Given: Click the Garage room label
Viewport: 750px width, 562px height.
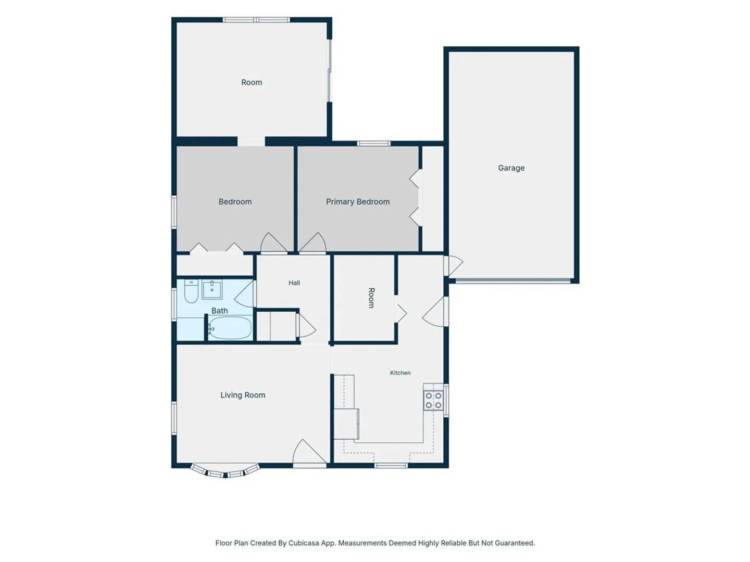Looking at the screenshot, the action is click(x=511, y=168).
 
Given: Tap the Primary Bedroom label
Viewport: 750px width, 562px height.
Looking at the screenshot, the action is click(x=357, y=202).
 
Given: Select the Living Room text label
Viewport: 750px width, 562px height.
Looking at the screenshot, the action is click(x=243, y=395).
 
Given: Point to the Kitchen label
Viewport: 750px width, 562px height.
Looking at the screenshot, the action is click(x=400, y=373).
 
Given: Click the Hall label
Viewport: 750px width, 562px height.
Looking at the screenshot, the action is click(x=294, y=283).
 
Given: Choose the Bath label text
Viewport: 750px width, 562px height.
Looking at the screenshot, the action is click(x=219, y=311).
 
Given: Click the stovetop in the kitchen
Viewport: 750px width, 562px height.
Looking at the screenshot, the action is click(x=433, y=400).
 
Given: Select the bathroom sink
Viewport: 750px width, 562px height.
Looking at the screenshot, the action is click(x=212, y=289).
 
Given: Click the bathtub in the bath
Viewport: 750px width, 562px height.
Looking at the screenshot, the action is click(x=230, y=328).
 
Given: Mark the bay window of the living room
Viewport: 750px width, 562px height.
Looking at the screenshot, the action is click(x=225, y=470).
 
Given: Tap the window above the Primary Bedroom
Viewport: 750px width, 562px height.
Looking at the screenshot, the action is click(x=374, y=143).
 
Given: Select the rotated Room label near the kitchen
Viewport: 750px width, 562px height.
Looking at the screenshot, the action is click(x=371, y=298).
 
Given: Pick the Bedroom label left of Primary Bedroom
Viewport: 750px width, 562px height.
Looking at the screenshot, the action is click(x=235, y=202).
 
